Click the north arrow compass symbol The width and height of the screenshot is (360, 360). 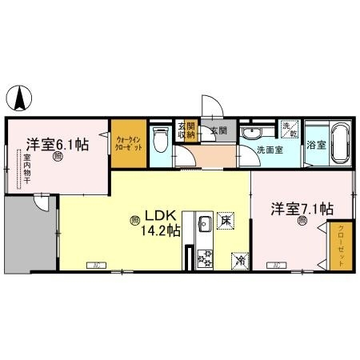point(19,98)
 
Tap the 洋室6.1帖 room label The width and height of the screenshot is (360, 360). point(56,145)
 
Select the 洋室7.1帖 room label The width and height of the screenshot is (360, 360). point(302,210)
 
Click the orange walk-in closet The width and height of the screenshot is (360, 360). point(128,144)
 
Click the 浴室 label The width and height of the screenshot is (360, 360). point(315,146)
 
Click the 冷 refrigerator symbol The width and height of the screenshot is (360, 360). point(239,259)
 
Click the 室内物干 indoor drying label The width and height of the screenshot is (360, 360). point(25,168)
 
